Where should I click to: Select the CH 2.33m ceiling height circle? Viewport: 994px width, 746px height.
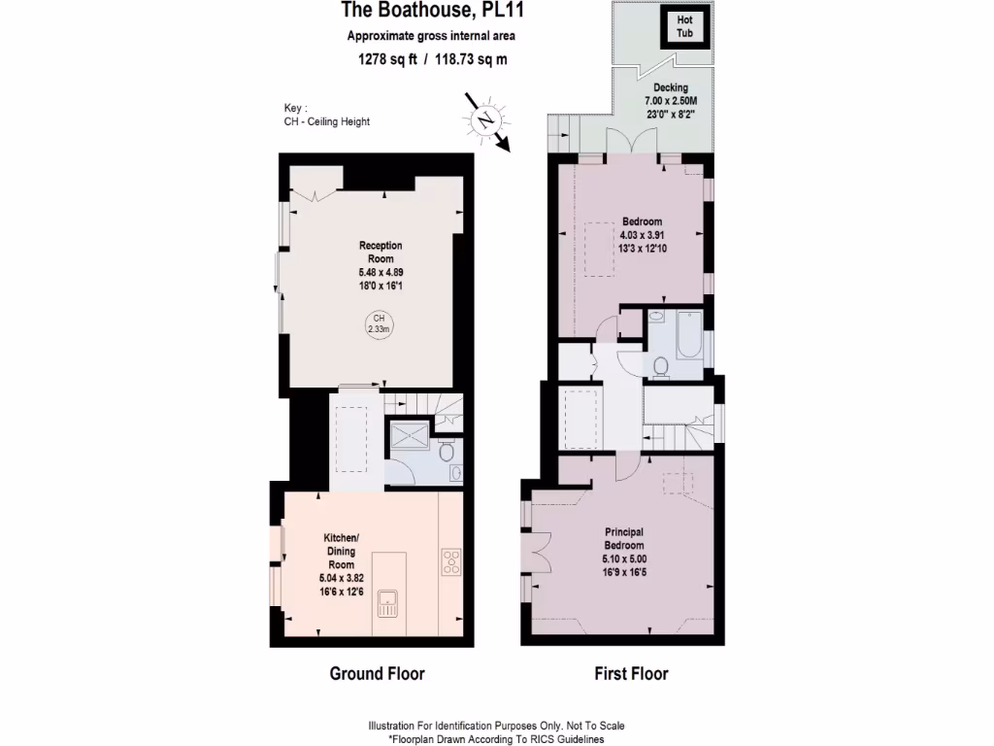379,323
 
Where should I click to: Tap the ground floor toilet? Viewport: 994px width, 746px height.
446,452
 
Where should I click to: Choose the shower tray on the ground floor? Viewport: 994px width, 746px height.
408,437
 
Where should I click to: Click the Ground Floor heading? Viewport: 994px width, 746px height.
378,673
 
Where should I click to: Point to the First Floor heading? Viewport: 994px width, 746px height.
631,673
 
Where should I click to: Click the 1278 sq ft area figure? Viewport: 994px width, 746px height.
388,59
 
